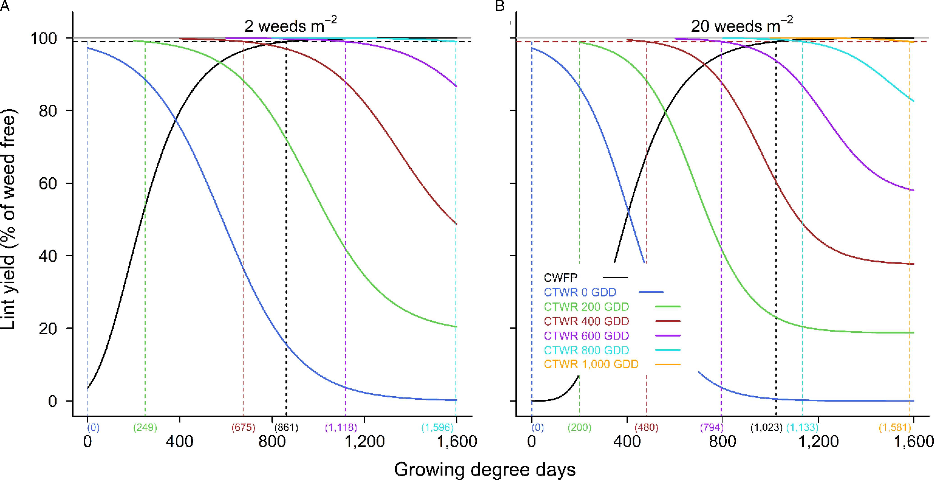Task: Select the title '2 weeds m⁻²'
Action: click(290, 26)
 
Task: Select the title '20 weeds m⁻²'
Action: click(741, 26)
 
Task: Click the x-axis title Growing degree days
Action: click(484, 469)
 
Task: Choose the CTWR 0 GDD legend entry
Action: click(580, 292)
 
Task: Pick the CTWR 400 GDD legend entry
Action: click(586, 321)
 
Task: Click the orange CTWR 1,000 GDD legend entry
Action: click(591, 364)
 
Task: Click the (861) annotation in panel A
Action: click(286, 427)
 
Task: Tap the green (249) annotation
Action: click(145, 427)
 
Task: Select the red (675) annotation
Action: click(243, 427)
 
